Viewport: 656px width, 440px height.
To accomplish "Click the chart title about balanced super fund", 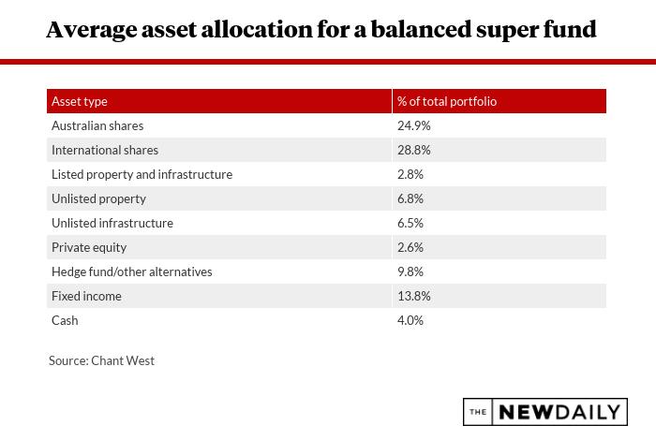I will (x=321, y=30).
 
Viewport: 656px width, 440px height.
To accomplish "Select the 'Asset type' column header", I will (x=80, y=101).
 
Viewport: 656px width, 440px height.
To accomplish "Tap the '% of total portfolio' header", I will (x=446, y=101).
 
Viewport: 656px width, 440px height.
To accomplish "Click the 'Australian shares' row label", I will (x=97, y=125).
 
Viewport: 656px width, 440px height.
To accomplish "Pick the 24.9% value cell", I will (x=413, y=125).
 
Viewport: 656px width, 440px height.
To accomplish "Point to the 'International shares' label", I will (x=105, y=150).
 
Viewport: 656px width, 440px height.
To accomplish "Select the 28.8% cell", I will (x=413, y=150).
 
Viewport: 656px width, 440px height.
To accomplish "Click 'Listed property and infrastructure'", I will (x=142, y=174).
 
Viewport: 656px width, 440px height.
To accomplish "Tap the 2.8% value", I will (x=410, y=174).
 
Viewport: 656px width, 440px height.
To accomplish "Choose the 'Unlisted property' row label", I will (x=98, y=198).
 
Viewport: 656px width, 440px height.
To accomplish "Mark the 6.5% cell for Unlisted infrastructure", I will (x=410, y=223).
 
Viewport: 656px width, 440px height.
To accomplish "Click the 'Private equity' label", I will (x=89, y=247).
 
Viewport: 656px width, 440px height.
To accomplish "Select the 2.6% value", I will (x=410, y=247).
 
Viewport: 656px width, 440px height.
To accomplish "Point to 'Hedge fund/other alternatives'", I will (x=132, y=271).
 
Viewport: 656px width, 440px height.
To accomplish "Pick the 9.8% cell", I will (x=410, y=271).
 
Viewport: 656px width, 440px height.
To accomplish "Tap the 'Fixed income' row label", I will (x=86, y=296).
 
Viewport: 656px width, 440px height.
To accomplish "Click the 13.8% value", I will (x=413, y=296).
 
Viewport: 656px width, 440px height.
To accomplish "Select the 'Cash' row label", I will (x=65, y=320).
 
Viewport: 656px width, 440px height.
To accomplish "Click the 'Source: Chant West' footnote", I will (x=101, y=359).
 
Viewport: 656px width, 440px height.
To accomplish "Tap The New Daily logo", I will (x=544, y=412).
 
